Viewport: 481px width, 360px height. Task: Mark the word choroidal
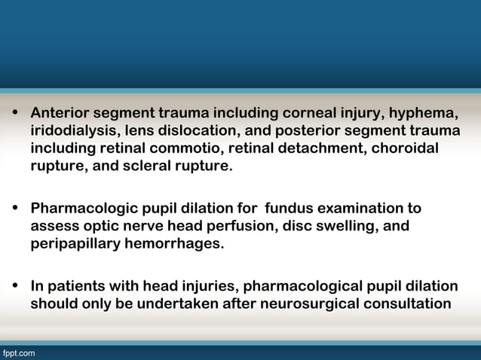tap(406, 148)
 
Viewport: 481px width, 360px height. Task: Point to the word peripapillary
tap(77, 243)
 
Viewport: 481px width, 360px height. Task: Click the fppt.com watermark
tap(18, 352)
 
